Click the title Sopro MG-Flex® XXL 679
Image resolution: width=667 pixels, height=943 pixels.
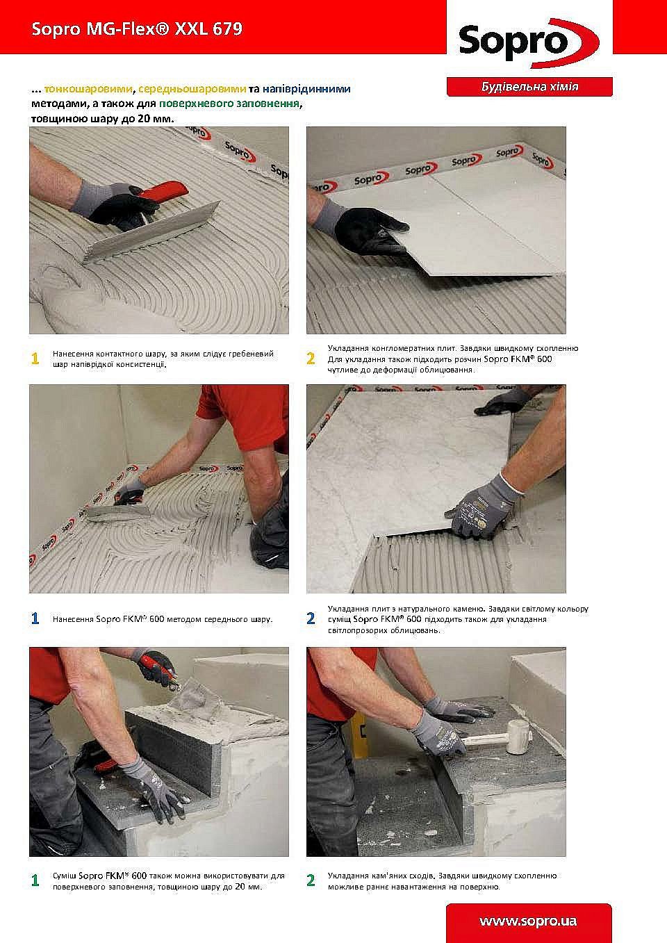click(x=137, y=29)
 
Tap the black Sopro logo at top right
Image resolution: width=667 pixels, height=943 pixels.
click(x=529, y=43)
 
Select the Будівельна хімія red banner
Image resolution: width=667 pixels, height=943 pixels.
click(x=529, y=87)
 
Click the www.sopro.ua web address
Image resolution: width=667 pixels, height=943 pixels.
click(x=528, y=921)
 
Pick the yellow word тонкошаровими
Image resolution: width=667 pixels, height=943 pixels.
click(x=89, y=89)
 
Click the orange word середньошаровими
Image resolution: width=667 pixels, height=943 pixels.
click(x=192, y=89)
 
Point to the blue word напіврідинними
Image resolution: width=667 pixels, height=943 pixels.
click(x=306, y=89)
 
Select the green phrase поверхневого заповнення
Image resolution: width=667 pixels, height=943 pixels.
click(x=229, y=104)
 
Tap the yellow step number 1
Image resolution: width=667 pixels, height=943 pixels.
click(x=35, y=359)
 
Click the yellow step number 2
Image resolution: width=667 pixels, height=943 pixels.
click(x=311, y=359)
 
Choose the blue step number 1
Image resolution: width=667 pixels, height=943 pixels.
click(x=35, y=618)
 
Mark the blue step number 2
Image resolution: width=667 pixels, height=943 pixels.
click(x=311, y=618)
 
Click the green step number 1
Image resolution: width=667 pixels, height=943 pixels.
click(x=35, y=880)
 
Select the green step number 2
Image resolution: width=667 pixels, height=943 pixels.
click(x=311, y=880)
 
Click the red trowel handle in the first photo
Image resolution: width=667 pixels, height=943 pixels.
click(x=165, y=190)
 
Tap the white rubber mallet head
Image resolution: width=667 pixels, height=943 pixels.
click(x=520, y=737)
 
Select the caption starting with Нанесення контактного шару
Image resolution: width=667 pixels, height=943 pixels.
click(x=163, y=359)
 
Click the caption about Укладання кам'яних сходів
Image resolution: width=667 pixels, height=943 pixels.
click(x=443, y=881)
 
